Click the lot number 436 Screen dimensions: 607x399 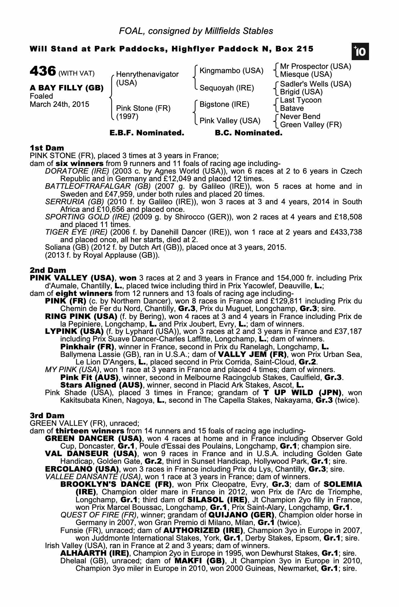click(x=43, y=72)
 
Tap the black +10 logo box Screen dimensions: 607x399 click(x=360, y=52)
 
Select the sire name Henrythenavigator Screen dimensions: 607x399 click(x=147, y=74)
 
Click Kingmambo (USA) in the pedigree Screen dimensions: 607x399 click(x=231, y=71)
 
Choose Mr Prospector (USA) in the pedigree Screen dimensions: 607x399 click(x=315, y=66)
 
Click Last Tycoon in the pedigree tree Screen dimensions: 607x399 click(x=301, y=100)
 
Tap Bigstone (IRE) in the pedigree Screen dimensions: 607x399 click(x=224, y=104)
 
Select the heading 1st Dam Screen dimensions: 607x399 click(x=47, y=148)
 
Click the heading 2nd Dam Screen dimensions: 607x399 click(x=48, y=270)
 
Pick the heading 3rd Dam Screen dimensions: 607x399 click(x=47, y=415)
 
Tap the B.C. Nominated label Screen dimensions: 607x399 click(x=248, y=133)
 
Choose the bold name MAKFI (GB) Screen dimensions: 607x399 click(x=199, y=560)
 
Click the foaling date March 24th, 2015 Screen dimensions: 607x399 click(x=60, y=104)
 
